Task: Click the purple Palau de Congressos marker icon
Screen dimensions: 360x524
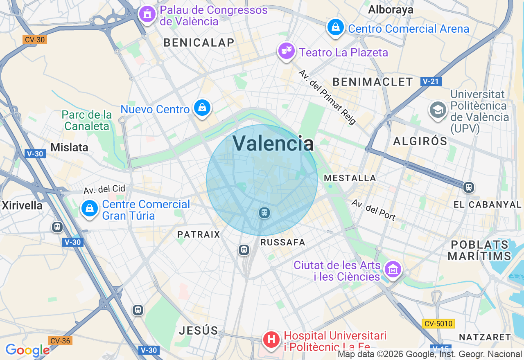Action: click(x=147, y=14)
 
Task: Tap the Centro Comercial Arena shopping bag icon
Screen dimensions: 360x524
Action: click(x=335, y=27)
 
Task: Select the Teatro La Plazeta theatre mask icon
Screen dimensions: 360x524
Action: click(x=286, y=51)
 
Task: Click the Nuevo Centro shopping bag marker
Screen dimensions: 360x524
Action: click(x=202, y=108)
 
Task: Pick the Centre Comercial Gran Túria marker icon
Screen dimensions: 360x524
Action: click(x=90, y=209)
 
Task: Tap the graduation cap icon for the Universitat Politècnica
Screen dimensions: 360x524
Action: click(x=438, y=110)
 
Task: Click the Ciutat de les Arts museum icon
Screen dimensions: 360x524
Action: click(x=393, y=270)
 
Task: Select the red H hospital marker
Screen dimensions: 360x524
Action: click(x=271, y=340)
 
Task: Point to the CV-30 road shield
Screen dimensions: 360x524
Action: click(x=35, y=40)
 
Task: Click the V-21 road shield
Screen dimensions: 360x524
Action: click(x=430, y=82)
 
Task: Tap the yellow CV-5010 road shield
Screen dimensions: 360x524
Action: click(x=438, y=324)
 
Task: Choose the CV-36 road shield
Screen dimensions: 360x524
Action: click(x=60, y=341)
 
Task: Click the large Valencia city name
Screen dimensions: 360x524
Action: click(x=273, y=144)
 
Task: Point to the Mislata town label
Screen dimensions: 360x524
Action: click(x=69, y=147)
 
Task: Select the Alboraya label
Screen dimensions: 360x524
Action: click(x=391, y=9)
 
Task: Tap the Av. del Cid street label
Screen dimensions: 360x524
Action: click(x=104, y=189)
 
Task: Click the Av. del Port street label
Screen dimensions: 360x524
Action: click(x=373, y=209)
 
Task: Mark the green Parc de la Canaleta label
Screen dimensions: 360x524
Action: click(x=87, y=120)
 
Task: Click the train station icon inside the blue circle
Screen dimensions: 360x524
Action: click(x=264, y=212)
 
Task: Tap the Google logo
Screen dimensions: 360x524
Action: click(x=27, y=350)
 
